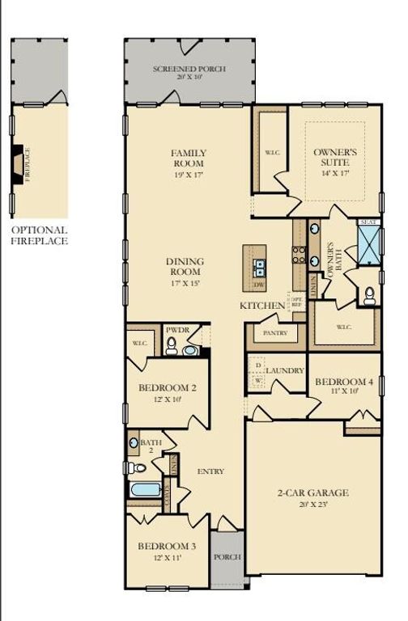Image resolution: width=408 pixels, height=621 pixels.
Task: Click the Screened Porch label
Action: click(189, 70)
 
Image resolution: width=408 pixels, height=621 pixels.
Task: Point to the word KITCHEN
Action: click(262, 306)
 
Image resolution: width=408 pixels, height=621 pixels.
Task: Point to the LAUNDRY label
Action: click(284, 370)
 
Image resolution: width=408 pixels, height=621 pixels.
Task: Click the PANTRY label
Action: click(270, 332)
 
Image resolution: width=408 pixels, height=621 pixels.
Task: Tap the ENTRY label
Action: click(210, 471)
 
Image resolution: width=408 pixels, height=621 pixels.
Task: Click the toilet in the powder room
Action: click(171, 349)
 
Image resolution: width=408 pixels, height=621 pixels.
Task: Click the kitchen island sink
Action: click(260, 267)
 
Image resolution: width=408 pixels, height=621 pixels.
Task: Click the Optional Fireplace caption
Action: click(39, 235)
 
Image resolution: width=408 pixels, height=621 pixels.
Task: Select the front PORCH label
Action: click(227, 558)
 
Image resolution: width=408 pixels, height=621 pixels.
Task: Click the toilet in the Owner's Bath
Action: click(369, 296)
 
